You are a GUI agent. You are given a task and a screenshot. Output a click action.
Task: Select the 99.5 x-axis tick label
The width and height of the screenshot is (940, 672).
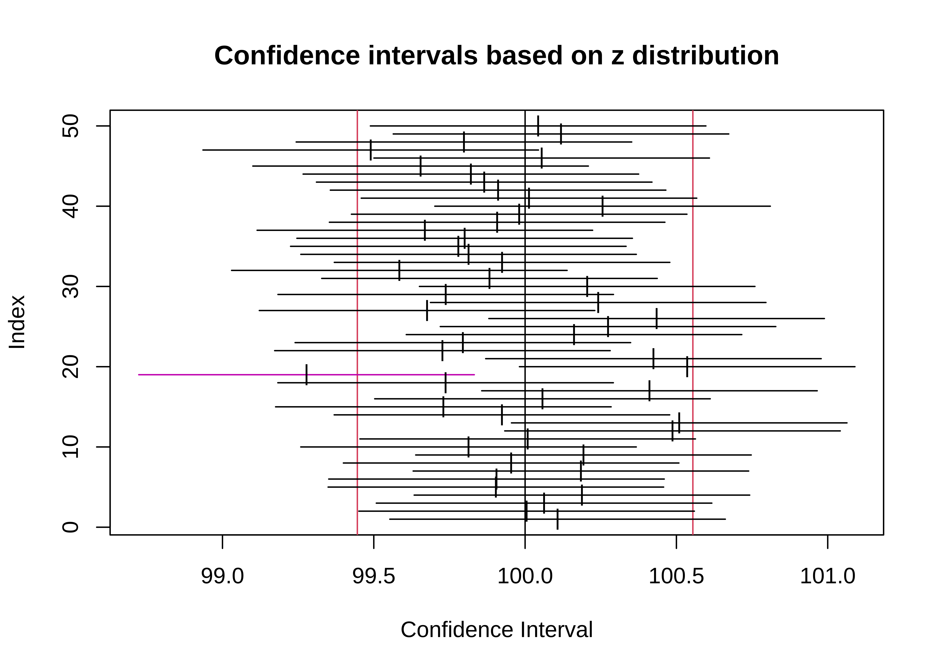click(x=374, y=576)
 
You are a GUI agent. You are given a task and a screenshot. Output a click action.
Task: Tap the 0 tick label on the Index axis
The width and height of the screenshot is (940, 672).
click(x=70, y=527)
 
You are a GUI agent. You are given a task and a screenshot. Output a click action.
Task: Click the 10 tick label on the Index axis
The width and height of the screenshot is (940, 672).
click(x=70, y=447)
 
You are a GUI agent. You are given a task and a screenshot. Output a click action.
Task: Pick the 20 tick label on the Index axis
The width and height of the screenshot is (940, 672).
click(x=70, y=367)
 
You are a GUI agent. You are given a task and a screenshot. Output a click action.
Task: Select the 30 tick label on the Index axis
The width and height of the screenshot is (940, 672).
click(x=70, y=286)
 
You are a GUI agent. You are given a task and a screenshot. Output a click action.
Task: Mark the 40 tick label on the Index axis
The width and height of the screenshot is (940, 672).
click(x=70, y=206)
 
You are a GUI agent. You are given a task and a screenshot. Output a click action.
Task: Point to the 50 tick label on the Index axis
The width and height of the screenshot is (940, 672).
click(x=70, y=126)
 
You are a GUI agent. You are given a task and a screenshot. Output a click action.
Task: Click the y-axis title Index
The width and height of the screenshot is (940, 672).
click(x=17, y=322)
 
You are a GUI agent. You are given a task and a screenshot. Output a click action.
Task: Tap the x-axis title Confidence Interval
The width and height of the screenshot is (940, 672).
click(x=496, y=630)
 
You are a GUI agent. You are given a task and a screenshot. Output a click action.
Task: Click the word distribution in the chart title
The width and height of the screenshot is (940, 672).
click(x=705, y=56)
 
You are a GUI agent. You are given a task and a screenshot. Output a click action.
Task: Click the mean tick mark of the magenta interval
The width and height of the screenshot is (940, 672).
click(x=306, y=375)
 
